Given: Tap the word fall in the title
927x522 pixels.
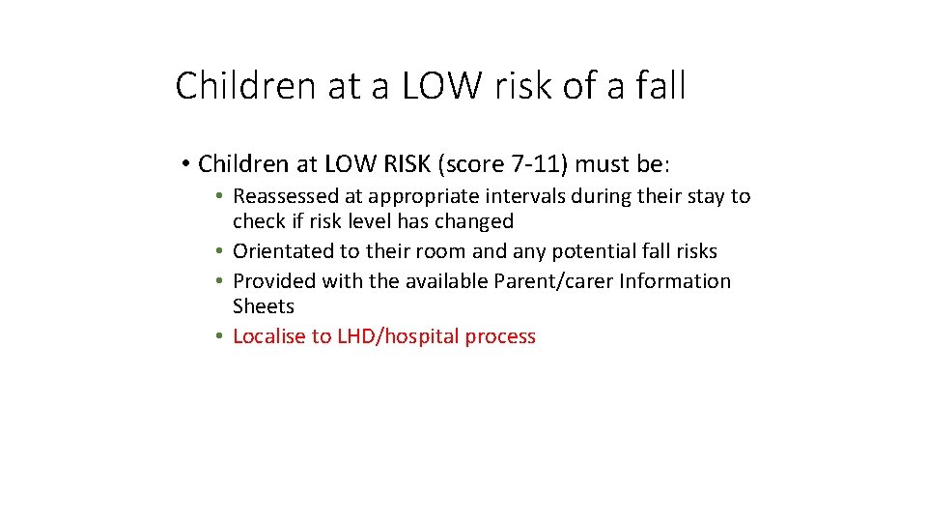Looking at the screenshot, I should click(x=661, y=86).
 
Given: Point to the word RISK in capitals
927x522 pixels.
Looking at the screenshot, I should click(x=398, y=164).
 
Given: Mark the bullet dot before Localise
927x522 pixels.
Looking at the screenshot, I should click(x=220, y=336).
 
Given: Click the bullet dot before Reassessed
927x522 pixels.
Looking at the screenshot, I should click(x=220, y=196).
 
